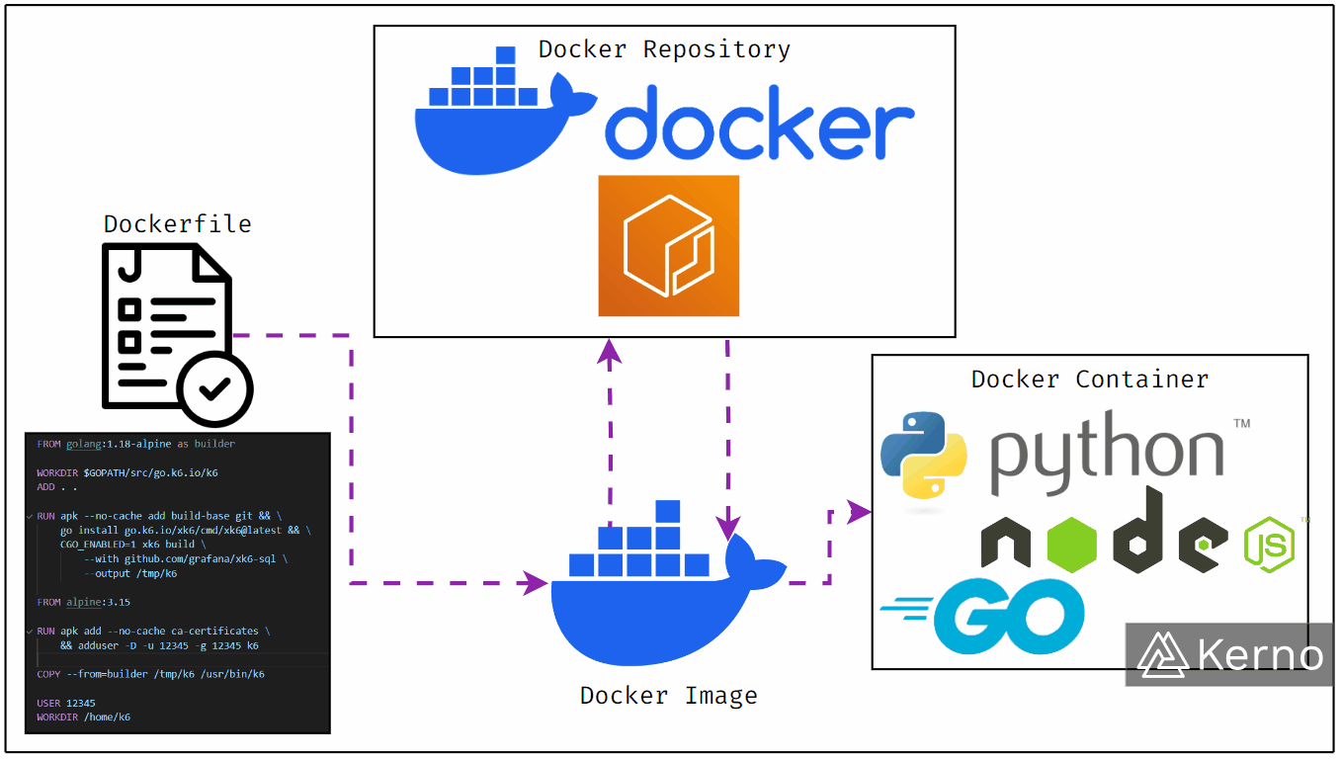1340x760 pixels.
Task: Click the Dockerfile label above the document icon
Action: click(x=178, y=224)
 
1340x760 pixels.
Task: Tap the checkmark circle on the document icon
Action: click(x=215, y=388)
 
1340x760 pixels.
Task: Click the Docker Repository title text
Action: click(x=664, y=49)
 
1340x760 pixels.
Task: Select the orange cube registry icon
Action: click(x=669, y=246)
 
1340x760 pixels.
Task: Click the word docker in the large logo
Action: click(x=759, y=124)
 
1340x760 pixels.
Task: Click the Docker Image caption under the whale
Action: click(x=669, y=696)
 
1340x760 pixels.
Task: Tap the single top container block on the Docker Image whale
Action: click(x=668, y=511)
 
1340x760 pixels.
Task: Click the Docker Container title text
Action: click(x=1090, y=380)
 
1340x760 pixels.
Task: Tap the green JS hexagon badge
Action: click(x=1269, y=545)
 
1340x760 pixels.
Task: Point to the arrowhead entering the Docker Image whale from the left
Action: click(x=537, y=583)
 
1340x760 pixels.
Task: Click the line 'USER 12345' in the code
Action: click(x=66, y=704)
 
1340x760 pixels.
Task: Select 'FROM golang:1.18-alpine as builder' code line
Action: click(x=135, y=444)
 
